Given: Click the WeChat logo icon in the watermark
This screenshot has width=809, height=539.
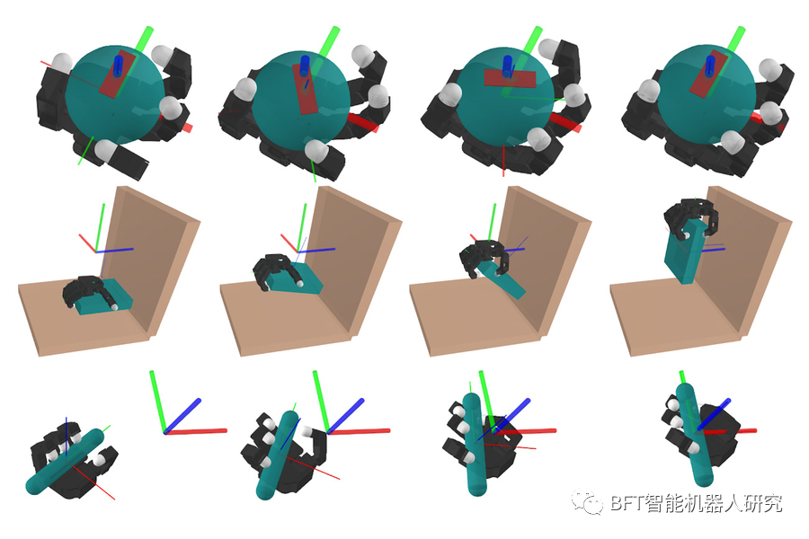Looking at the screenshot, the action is point(587,501).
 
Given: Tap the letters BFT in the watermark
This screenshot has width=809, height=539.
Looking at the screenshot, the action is point(627,502).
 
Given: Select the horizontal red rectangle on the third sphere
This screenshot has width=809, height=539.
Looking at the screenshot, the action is point(510,78).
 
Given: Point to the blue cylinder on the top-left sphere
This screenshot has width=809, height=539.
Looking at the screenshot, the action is point(120,66).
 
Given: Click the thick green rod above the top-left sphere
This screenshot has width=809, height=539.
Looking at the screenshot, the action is point(144,39).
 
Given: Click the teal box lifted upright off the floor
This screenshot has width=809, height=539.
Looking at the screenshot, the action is point(685,250).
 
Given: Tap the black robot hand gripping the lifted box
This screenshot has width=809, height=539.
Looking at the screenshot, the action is point(690,216).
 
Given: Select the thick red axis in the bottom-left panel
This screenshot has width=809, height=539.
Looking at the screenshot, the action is point(196,431).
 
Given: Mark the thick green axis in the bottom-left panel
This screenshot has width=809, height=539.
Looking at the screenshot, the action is point(157,402).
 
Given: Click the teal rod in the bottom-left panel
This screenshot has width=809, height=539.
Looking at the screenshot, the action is point(65,462).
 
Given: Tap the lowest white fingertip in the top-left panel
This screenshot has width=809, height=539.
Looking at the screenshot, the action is point(105,149).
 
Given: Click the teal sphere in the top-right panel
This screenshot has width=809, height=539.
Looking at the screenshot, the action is point(707,93).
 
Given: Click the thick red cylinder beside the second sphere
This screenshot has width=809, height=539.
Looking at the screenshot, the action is point(362,122).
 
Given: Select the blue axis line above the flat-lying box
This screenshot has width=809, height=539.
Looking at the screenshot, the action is point(114,250).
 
